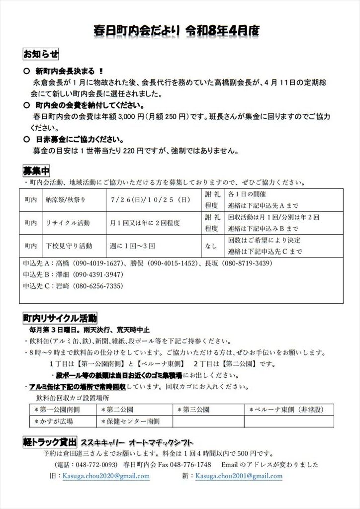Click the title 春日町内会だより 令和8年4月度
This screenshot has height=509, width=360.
[x=177, y=31]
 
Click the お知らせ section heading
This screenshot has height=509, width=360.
[x=41, y=53]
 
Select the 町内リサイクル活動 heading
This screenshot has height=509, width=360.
[x=60, y=317]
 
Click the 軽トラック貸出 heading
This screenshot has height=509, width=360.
[x=50, y=441]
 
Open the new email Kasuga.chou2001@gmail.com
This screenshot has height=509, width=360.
[x=239, y=476]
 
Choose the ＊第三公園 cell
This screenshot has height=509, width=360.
[x=193, y=410]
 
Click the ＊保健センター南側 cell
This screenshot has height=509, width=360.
[x=129, y=421]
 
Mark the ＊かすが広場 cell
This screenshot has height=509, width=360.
[x=53, y=421]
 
